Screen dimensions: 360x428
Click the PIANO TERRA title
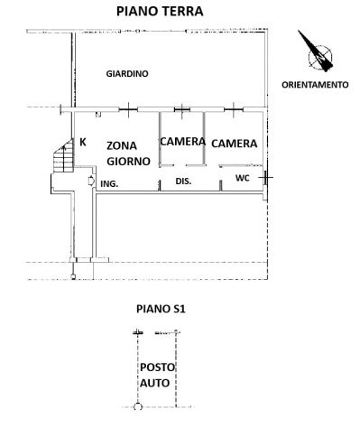point(160,12)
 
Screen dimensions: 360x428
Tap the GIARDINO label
point(127,74)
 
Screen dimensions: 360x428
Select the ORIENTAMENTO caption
point(315,85)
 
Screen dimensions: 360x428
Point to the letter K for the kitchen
point(83,142)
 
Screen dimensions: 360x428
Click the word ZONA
point(122,146)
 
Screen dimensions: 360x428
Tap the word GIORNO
point(129,162)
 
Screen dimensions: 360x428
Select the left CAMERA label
point(182,142)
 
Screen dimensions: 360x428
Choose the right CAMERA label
point(235,144)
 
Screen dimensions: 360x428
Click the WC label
point(243,178)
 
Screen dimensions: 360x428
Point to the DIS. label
point(183,181)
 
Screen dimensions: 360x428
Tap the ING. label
point(109,184)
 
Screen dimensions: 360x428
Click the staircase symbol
point(63,155)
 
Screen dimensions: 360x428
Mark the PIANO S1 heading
point(161,309)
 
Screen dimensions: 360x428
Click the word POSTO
point(157,368)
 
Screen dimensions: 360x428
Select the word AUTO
point(154,383)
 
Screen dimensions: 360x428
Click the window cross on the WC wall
point(266,178)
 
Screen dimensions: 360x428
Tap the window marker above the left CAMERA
point(182,109)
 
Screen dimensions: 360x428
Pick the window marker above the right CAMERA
point(234,110)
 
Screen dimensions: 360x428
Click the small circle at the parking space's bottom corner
point(138,407)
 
